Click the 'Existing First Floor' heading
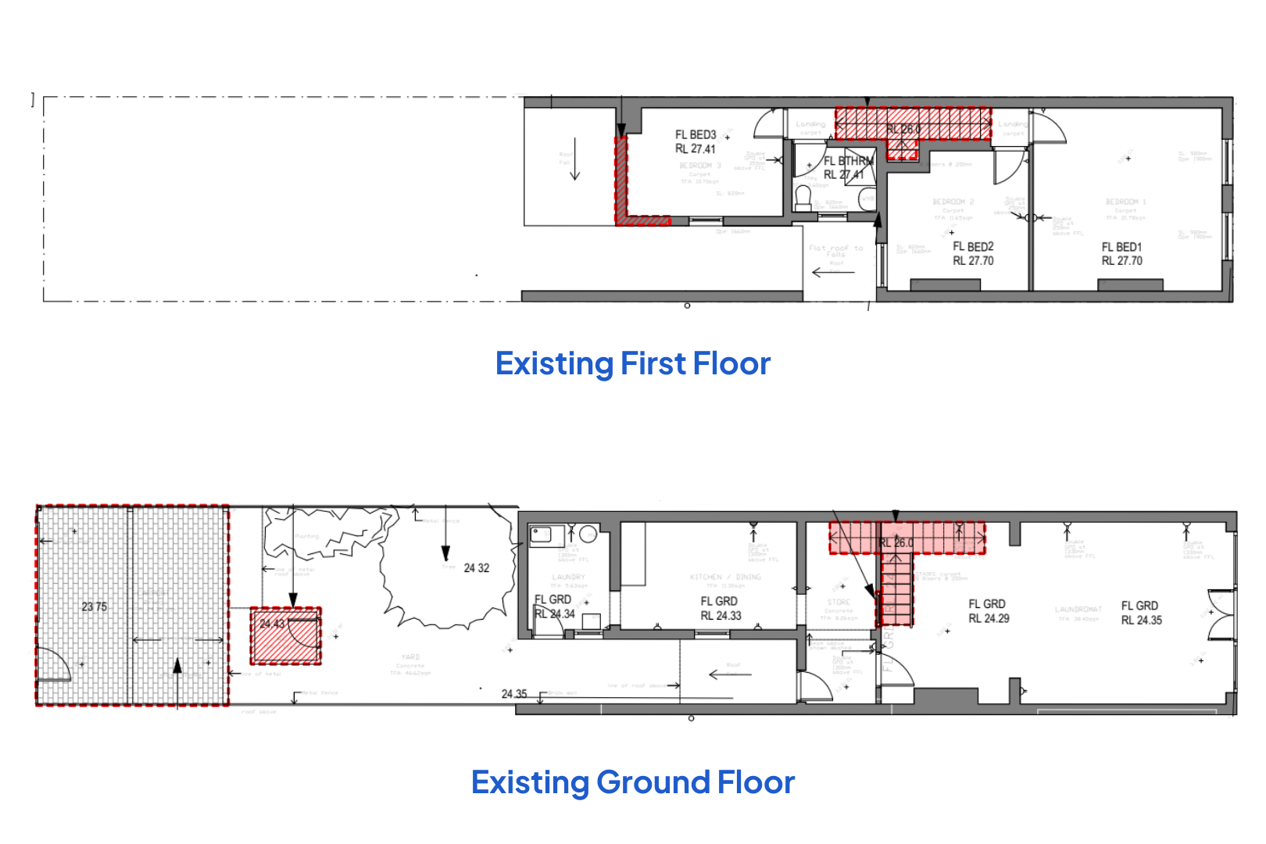632,364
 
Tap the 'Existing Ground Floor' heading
632,782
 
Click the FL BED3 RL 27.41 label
696,141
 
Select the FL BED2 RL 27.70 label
973,254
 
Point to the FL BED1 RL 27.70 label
1122,254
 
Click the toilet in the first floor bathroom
803,197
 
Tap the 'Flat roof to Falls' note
835,251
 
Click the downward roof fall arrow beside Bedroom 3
575,159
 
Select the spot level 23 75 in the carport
95,606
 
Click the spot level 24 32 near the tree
477,568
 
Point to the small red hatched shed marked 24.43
286,636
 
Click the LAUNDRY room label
568,577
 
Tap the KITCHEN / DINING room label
725,577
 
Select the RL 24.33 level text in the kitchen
721,616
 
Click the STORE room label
839,603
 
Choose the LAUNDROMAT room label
1078,609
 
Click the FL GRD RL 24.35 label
1141,613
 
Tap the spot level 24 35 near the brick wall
514,694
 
